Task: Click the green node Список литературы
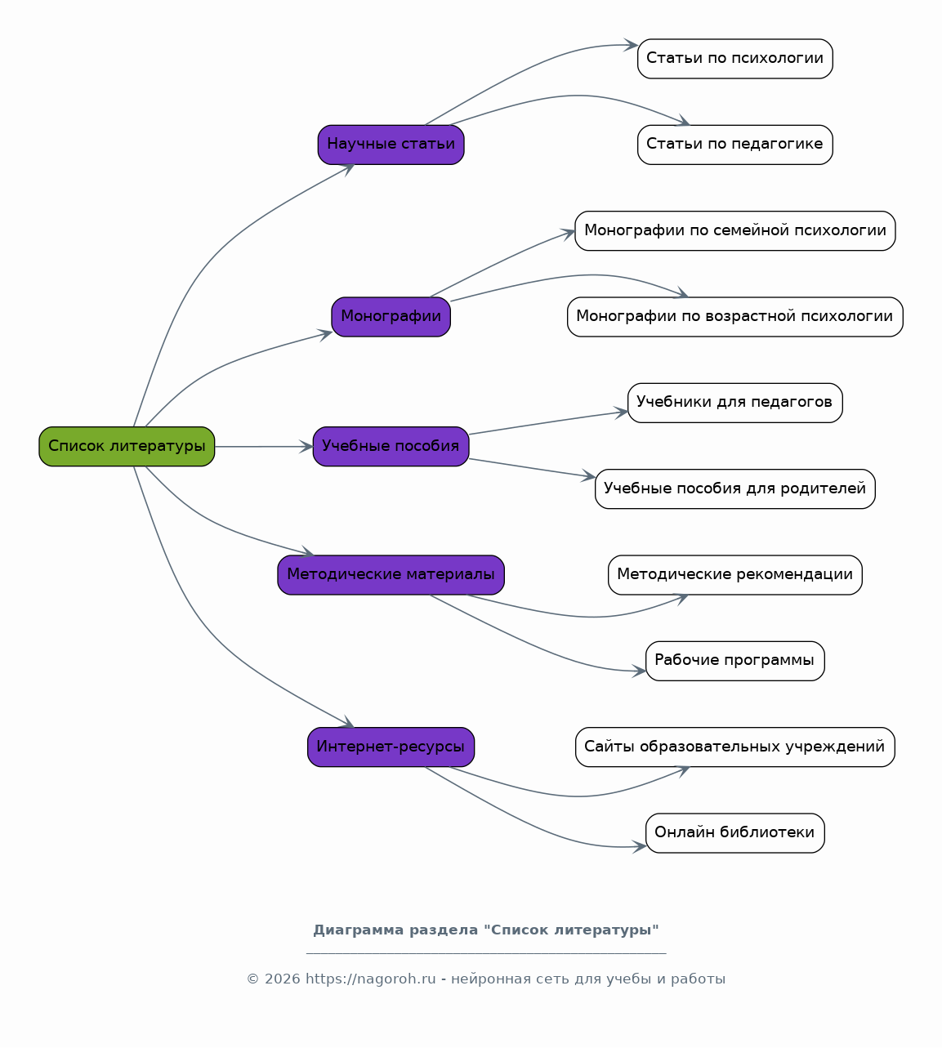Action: click(127, 447)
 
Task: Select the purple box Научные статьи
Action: click(391, 145)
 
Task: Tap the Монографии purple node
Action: click(391, 317)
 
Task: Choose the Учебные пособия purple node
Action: click(391, 447)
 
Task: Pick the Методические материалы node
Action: click(391, 575)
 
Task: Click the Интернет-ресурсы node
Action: click(391, 747)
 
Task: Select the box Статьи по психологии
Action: click(735, 59)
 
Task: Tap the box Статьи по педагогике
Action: click(735, 145)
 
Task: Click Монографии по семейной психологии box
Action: click(735, 231)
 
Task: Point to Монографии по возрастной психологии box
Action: click(735, 317)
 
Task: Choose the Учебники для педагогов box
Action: click(735, 403)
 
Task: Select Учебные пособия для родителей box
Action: click(735, 489)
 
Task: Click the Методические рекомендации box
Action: click(735, 575)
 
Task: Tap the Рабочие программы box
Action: click(735, 661)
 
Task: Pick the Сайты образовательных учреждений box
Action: click(735, 747)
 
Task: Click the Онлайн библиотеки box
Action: click(735, 833)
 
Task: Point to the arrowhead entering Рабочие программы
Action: click(640, 671)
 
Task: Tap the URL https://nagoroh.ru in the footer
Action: click(370, 979)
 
